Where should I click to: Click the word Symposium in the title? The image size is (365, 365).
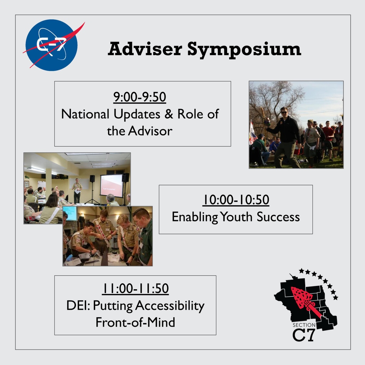click(x=244, y=49)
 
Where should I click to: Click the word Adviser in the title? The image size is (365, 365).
click(x=145, y=49)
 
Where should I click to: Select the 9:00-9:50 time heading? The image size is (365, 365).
click(x=140, y=97)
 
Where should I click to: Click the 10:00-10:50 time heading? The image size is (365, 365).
click(x=236, y=200)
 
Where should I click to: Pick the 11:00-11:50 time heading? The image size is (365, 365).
click(x=135, y=288)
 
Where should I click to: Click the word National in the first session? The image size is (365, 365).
click(x=85, y=114)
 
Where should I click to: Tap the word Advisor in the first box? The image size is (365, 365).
click(x=150, y=131)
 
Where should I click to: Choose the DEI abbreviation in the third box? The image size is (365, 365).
click(x=76, y=305)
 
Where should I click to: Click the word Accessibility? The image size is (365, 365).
click(x=170, y=306)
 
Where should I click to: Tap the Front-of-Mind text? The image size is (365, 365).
click(x=135, y=322)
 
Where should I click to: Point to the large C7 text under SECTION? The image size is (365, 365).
click(x=304, y=335)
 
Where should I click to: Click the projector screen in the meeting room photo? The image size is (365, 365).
click(x=111, y=185)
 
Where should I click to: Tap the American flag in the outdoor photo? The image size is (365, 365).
click(x=252, y=133)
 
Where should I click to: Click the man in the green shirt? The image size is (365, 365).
click(x=144, y=237)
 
